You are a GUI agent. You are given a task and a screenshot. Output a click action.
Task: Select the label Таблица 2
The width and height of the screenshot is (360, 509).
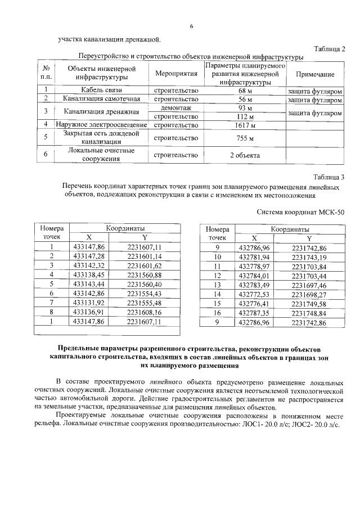pos(327,49)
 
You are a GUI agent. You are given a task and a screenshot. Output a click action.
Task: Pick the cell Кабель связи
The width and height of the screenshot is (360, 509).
pos(101,90)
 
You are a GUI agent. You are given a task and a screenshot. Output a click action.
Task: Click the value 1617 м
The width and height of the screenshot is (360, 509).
pos(245,124)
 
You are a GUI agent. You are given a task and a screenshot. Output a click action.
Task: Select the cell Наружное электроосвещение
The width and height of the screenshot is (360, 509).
pos(101,124)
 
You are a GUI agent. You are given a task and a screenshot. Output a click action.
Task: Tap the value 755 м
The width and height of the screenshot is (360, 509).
pos(245,138)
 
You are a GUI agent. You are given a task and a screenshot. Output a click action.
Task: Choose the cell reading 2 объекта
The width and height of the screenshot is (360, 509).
pos(245,155)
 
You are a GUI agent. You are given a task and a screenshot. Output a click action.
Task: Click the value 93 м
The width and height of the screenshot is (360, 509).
pos(245,107)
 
